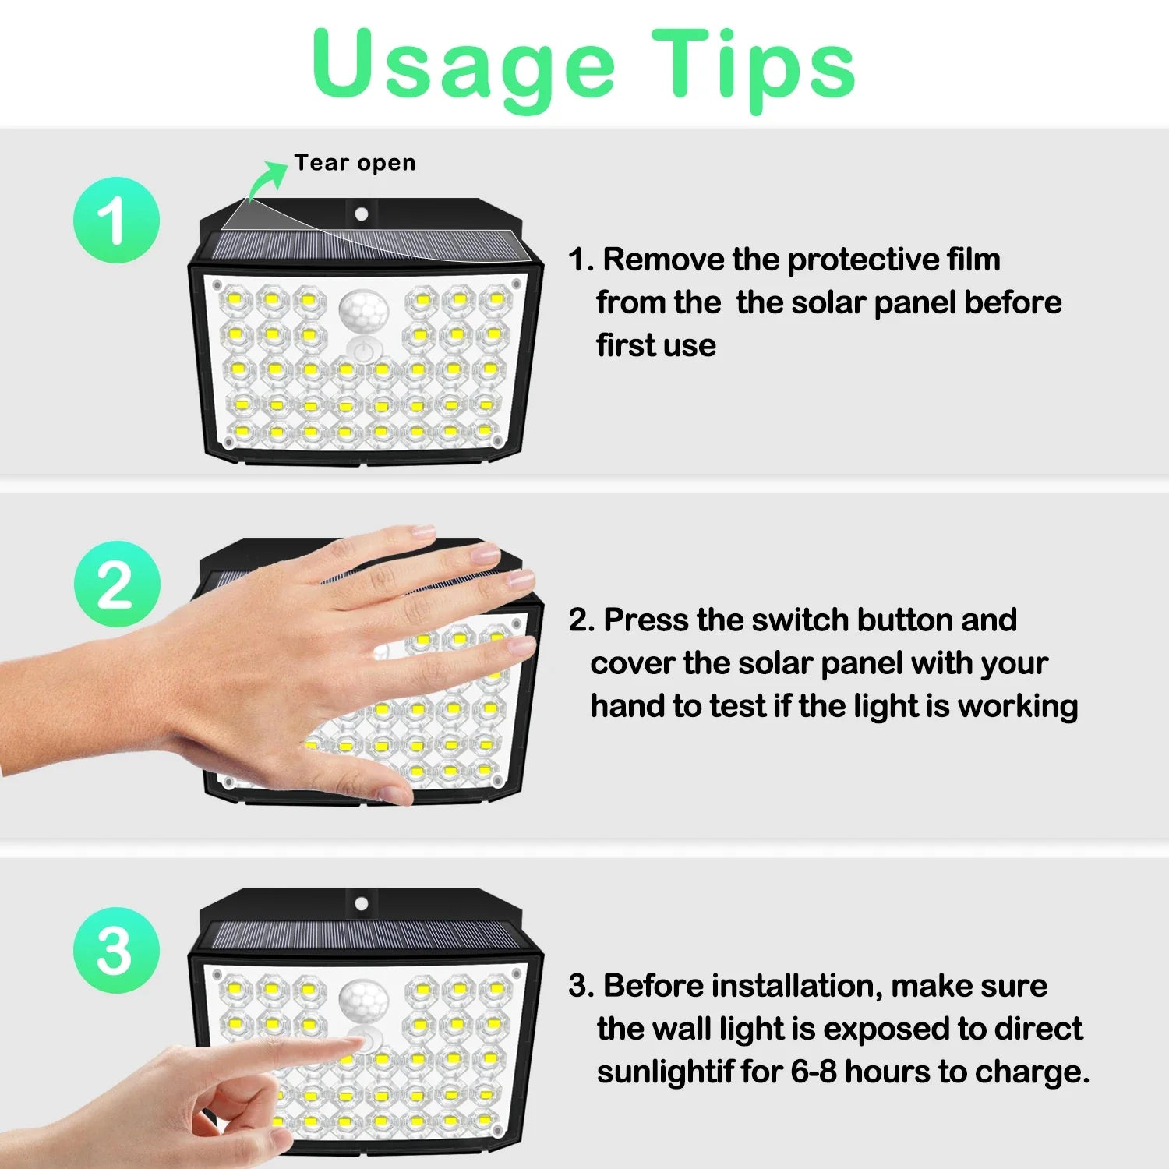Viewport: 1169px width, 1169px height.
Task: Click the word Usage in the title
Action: pyautogui.click(x=464, y=69)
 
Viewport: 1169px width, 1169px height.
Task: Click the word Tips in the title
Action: pyautogui.click(x=754, y=69)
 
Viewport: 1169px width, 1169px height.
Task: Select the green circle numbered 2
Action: pyautogui.click(x=117, y=584)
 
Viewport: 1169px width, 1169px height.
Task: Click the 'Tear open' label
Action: pyautogui.click(x=355, y=163)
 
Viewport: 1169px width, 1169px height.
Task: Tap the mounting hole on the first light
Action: pyautogui.click(x=361, y=214)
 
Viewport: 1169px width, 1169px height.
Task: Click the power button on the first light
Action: pyautogui.click(x=361, y=351)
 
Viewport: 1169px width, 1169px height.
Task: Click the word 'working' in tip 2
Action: pyautogui.click(x=1018, y=707)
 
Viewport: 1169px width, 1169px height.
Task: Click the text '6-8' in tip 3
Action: pyautogui.click(x=814, y=1072)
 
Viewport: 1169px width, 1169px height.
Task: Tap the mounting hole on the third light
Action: pyautogui.click(x=361, y=904)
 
